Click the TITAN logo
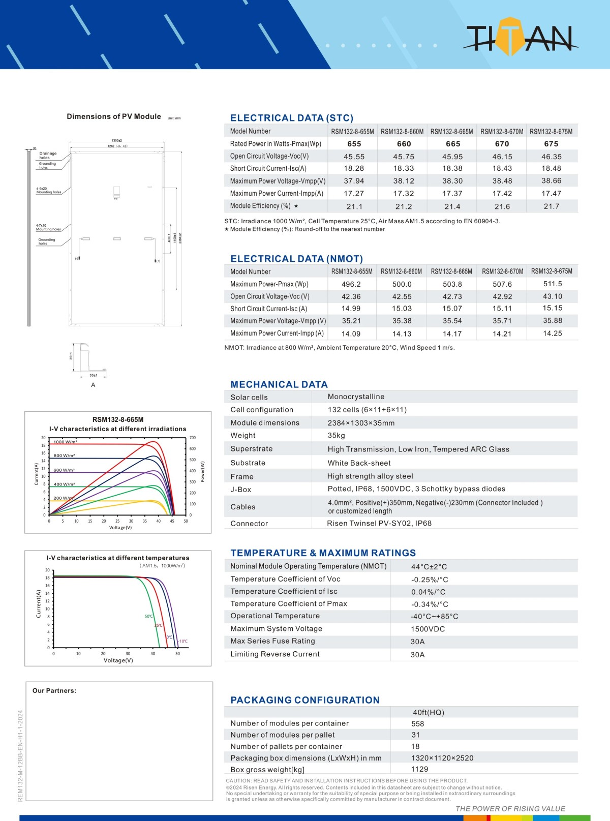point(520,37)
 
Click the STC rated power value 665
point(453,144)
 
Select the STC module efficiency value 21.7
point(551,206)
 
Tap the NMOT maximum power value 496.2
point(351,284)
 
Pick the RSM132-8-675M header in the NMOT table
point(552,271)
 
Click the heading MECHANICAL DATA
point(279,384)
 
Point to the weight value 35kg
point(337,436)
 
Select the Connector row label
point(249,524)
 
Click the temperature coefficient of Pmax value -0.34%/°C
point(430,604)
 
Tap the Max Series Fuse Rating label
point(272,641)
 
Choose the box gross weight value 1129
point(419,770)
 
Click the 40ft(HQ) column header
point(429,713)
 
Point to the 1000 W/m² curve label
point(65,442)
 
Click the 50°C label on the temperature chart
point(148,616)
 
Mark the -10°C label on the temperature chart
point(183,641)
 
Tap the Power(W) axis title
point(202,472)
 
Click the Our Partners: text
point(54,691)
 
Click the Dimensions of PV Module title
point(114,116)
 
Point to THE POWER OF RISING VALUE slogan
point(510,809)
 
